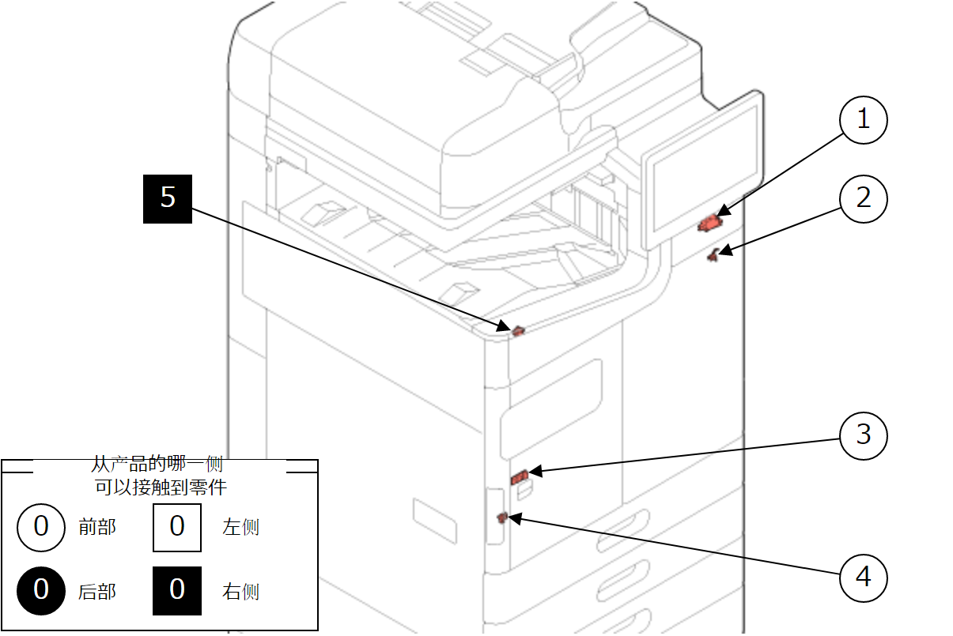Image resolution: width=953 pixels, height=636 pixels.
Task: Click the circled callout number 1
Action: tap(863, 119)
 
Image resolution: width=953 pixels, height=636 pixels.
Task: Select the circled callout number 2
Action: tap(863, 198)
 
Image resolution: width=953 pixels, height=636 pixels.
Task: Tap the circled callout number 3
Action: tap(863, 435)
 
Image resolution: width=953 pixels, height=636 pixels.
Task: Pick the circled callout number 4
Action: tap(863, 577)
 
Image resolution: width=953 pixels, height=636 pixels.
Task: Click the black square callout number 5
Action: tap(168, 198)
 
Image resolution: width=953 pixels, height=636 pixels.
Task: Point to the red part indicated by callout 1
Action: tap(709, 224)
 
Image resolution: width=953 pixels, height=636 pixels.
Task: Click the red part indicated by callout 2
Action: tap(714, 254)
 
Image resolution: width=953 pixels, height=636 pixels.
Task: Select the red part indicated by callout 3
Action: tap(520, 476)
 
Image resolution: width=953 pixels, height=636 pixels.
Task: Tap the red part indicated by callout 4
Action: tap(501, 517)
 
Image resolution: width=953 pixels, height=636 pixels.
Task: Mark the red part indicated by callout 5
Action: tap(517, 330)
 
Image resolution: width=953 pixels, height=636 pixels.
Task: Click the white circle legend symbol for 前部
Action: tap(42, 526)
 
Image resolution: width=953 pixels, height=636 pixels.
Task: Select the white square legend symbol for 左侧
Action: tap(177, 526)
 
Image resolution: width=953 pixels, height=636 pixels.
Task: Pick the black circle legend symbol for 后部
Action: tap(42, 590)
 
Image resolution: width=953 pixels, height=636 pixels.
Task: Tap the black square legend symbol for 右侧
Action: tap(177, 590)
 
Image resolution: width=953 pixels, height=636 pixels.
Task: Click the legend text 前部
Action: tap(97, 527)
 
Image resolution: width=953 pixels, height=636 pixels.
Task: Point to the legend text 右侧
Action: tap(240, 591)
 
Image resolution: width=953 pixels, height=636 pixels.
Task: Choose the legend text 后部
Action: tap(97, 591)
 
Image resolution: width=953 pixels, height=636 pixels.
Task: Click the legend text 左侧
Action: tap(240, 527)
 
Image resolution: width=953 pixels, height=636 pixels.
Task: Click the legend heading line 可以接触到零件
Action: tap(161, 487)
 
